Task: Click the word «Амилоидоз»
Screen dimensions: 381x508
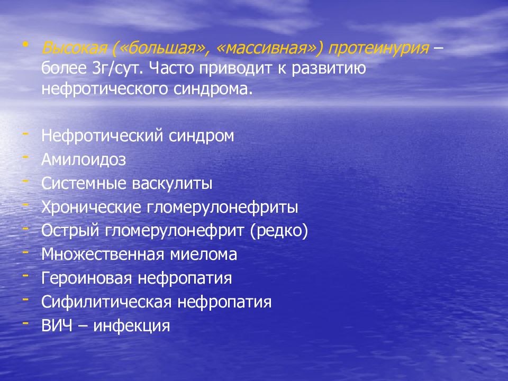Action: click(x=84, y=160)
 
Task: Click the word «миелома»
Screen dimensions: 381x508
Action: click(x=203, y=254)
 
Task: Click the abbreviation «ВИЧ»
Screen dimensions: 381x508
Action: click(x=56, y=325)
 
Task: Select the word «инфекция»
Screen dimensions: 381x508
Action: click(x=132, y=325)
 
